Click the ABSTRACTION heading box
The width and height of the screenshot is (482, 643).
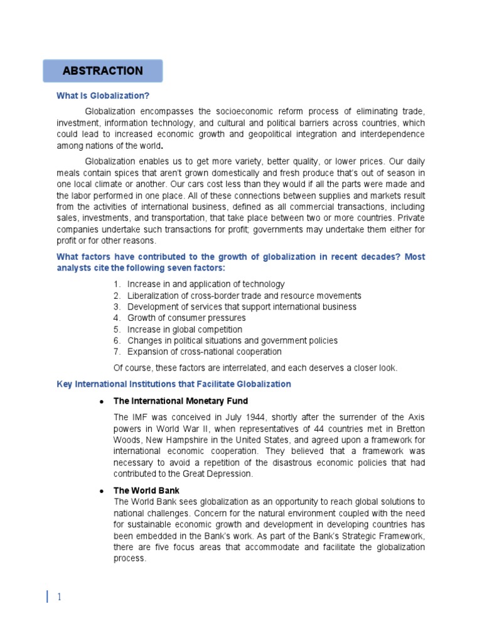pos(102,71)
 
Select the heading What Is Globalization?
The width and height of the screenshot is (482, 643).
pos(103,96)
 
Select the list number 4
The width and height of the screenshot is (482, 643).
pos(117,318)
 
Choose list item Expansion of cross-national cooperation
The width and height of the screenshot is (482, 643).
pos(204,352)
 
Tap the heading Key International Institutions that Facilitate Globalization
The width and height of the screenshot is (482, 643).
pos(174,384)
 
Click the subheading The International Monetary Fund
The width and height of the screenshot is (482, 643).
pos(180,401)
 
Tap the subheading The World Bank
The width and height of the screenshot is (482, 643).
pos(146,490)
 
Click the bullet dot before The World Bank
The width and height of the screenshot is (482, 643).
pos(101,490)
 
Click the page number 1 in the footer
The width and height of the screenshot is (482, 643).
pos(58,597)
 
